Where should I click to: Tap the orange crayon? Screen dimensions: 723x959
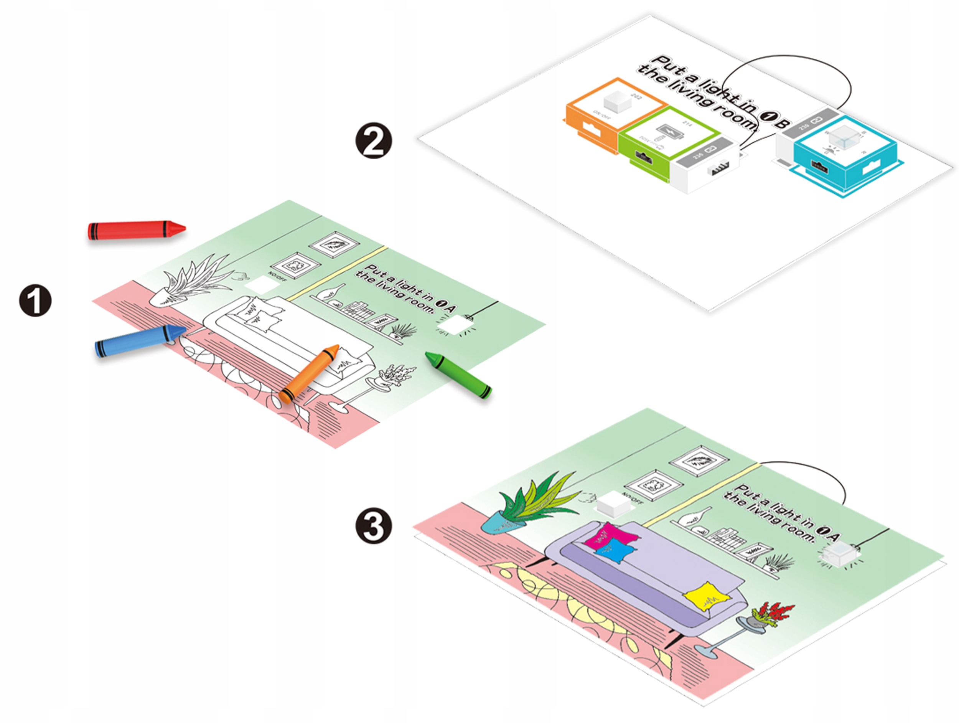click(309, 373)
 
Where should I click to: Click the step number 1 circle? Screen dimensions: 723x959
click(35, 300)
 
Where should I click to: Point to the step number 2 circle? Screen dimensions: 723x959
click(373, 142)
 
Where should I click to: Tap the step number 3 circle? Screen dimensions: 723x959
click(373, 526)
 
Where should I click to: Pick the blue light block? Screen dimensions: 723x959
click(841, 156)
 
